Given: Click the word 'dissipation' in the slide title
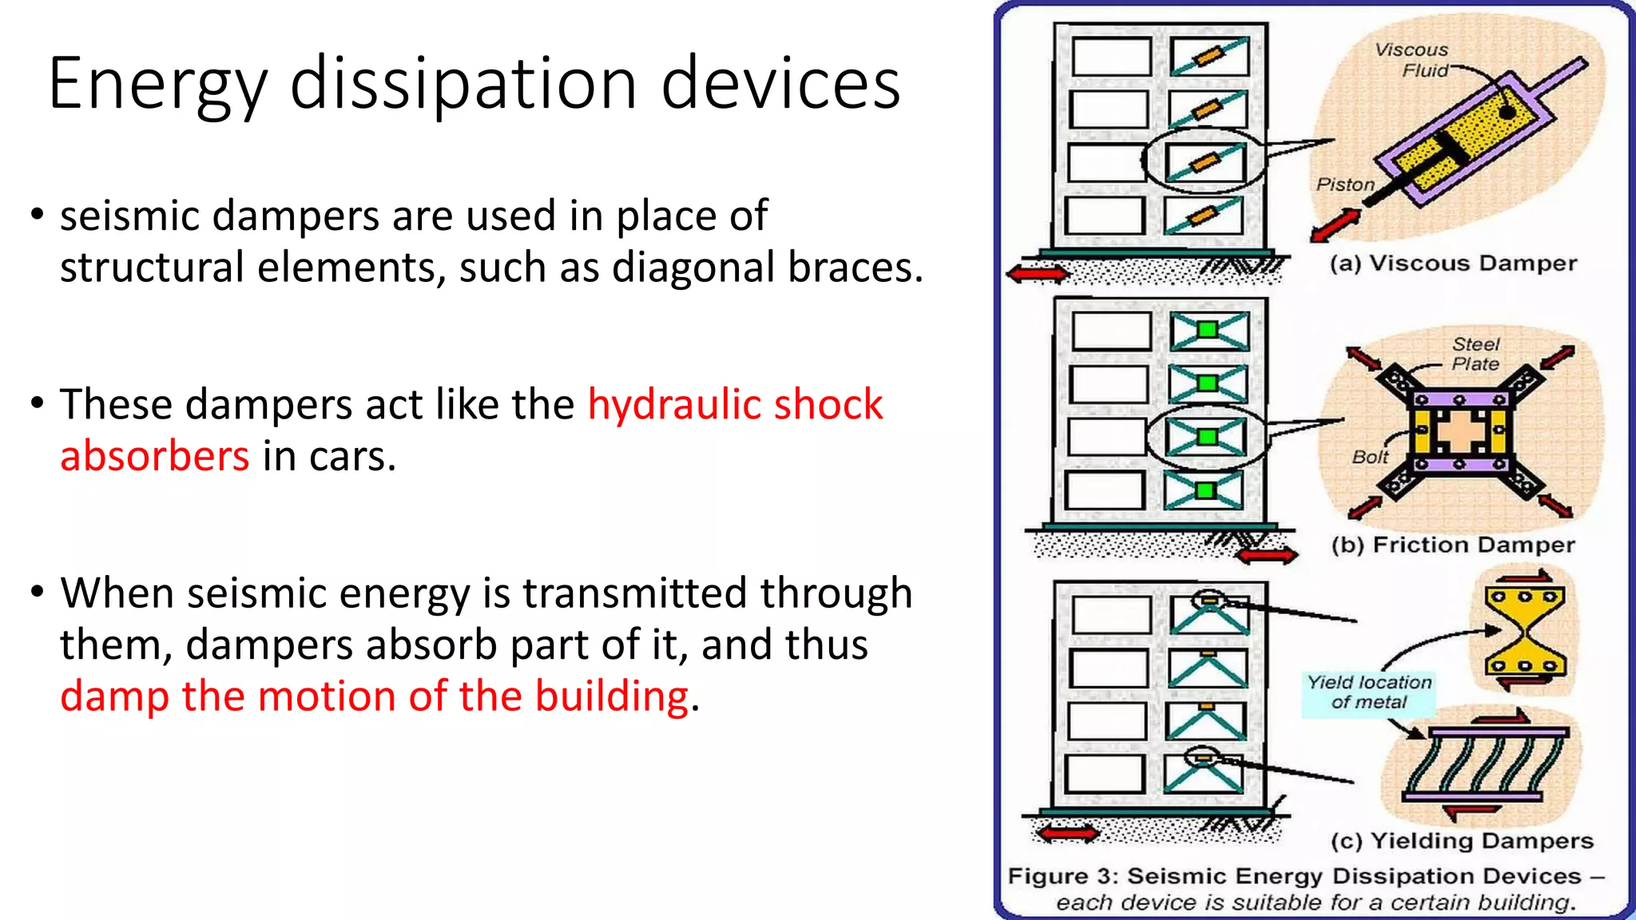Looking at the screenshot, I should coord(463,84).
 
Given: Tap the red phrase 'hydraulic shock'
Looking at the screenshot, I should coord(735,404).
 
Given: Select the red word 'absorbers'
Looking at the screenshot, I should coord(155,456).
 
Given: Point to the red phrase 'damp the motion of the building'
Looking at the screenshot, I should coord(374,696).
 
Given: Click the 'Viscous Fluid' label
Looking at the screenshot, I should coord(1412,60).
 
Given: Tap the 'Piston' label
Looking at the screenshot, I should coord(1345,184).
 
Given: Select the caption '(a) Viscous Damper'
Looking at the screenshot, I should coord(1453,264).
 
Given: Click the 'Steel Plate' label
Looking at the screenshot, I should coord(1475,354).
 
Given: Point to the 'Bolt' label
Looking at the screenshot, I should coord(1370,457).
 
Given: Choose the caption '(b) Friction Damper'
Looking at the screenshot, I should coord(1453,545).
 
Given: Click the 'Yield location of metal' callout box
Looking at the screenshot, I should coord(1368,692).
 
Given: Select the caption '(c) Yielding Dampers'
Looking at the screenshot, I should coord(1462,841).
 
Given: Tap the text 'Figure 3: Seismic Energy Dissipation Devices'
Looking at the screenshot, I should coord(1294,876).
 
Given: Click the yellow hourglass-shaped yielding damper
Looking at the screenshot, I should coord(1525,630).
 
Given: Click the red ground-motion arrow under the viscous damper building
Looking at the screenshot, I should coord(1038,274).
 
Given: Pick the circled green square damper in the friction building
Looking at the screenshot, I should coord(1207,437).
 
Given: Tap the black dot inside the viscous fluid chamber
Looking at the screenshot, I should coord(1507,112).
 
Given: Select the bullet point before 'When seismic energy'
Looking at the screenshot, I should coord(37,593).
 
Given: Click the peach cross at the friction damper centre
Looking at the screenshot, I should coord(1459,432).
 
